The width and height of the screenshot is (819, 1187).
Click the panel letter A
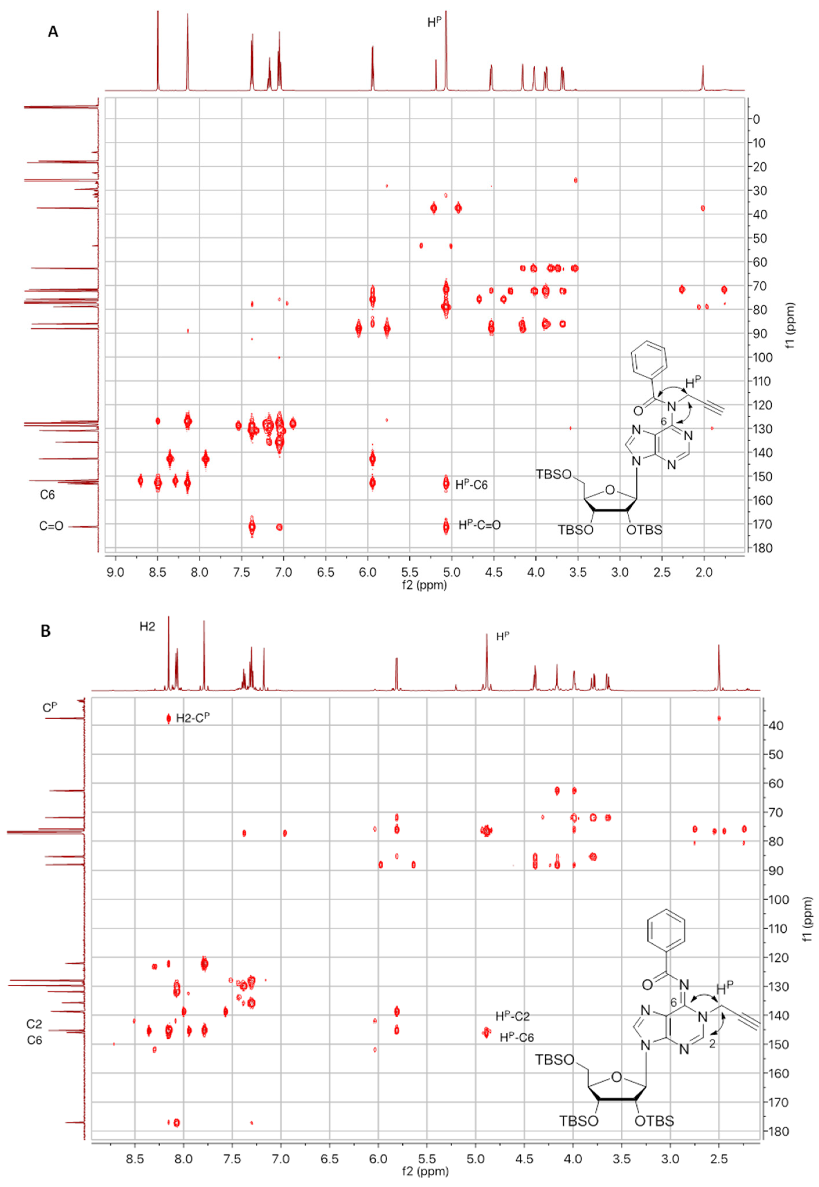click(53, 32)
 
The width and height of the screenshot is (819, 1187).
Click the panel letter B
click(46, 631)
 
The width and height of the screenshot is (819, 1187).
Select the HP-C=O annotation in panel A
click(479, 525)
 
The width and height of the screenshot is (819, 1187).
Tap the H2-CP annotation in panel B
click(192, 718)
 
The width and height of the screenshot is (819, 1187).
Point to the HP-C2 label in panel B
click(512, 1016)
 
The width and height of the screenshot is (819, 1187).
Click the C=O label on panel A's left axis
click(51, 526)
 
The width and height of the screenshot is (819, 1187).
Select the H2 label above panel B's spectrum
click(147, 627)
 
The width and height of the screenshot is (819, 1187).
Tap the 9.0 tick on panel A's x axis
click(116, 572)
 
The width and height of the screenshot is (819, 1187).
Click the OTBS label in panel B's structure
click(654, 1121)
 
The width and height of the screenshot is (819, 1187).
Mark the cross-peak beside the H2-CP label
click(168, 718)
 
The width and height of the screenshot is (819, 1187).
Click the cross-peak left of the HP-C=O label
click(446, 526)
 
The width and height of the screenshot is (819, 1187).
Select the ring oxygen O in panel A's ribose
click(610, 490)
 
